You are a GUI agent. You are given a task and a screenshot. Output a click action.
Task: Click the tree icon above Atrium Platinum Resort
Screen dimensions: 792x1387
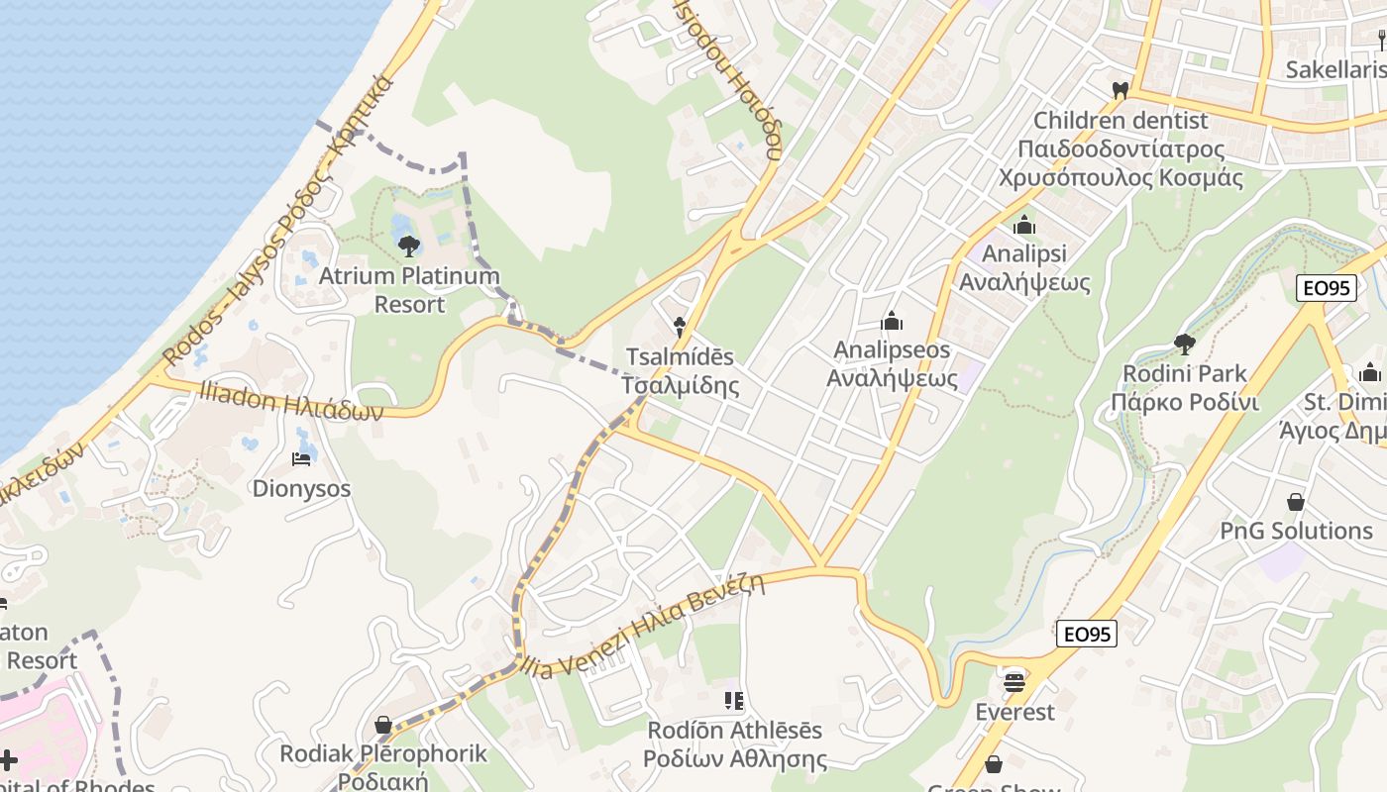[408, 247]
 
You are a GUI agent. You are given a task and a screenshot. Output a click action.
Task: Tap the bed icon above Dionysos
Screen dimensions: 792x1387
[301, 458]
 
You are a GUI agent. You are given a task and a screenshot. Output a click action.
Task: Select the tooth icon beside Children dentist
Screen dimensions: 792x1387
[1120, 90]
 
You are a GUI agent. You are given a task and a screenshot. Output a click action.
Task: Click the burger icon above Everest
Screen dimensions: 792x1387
[1014, 682]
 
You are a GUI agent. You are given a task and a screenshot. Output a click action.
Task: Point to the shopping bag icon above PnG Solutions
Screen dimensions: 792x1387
[1295, 502]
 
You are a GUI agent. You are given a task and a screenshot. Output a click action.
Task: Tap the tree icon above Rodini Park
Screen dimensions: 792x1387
[1183, 345]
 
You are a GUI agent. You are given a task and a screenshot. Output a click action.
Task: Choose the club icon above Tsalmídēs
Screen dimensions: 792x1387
[679, 325]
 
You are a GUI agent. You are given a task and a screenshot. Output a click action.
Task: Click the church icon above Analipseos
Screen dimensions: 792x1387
[892, 321]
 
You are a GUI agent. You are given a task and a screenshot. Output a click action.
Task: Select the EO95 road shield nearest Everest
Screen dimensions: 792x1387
[1087, 634]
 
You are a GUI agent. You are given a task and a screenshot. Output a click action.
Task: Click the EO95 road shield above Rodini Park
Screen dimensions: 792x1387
[1325, 288]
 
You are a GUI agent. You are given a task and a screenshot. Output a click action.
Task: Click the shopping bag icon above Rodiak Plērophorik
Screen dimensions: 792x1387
[383, 726]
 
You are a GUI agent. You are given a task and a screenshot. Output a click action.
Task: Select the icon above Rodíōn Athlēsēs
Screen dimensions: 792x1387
[734, 701]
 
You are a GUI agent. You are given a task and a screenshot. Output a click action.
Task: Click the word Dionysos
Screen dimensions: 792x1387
[301, 488]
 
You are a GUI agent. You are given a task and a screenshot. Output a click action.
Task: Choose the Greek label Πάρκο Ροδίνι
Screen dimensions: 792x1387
[1184, 403]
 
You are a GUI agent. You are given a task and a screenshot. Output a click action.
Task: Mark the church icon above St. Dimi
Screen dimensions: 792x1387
[1370, 372]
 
